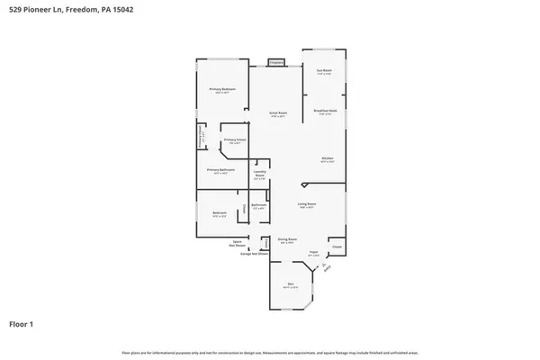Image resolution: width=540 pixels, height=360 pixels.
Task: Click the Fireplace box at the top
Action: [275, 63]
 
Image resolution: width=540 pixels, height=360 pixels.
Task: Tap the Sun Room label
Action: [324, 72]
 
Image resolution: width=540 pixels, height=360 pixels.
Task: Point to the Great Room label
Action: [277, 113]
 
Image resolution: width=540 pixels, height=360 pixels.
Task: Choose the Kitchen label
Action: [328, 160]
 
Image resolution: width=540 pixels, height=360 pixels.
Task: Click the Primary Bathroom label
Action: [220, 171]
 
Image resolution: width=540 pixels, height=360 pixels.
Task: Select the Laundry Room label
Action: [259, 174]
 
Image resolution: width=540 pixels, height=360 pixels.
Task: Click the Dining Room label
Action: [287, 239]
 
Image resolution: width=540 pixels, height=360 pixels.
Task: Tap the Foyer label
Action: [314, 253]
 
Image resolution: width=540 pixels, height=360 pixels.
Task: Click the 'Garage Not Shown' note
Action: [251, 254]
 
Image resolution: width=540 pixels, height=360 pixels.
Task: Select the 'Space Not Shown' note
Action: [238, 243]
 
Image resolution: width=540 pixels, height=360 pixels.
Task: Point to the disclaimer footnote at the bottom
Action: [270, 353]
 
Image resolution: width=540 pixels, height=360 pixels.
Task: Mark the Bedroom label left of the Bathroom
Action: [220, 213]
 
